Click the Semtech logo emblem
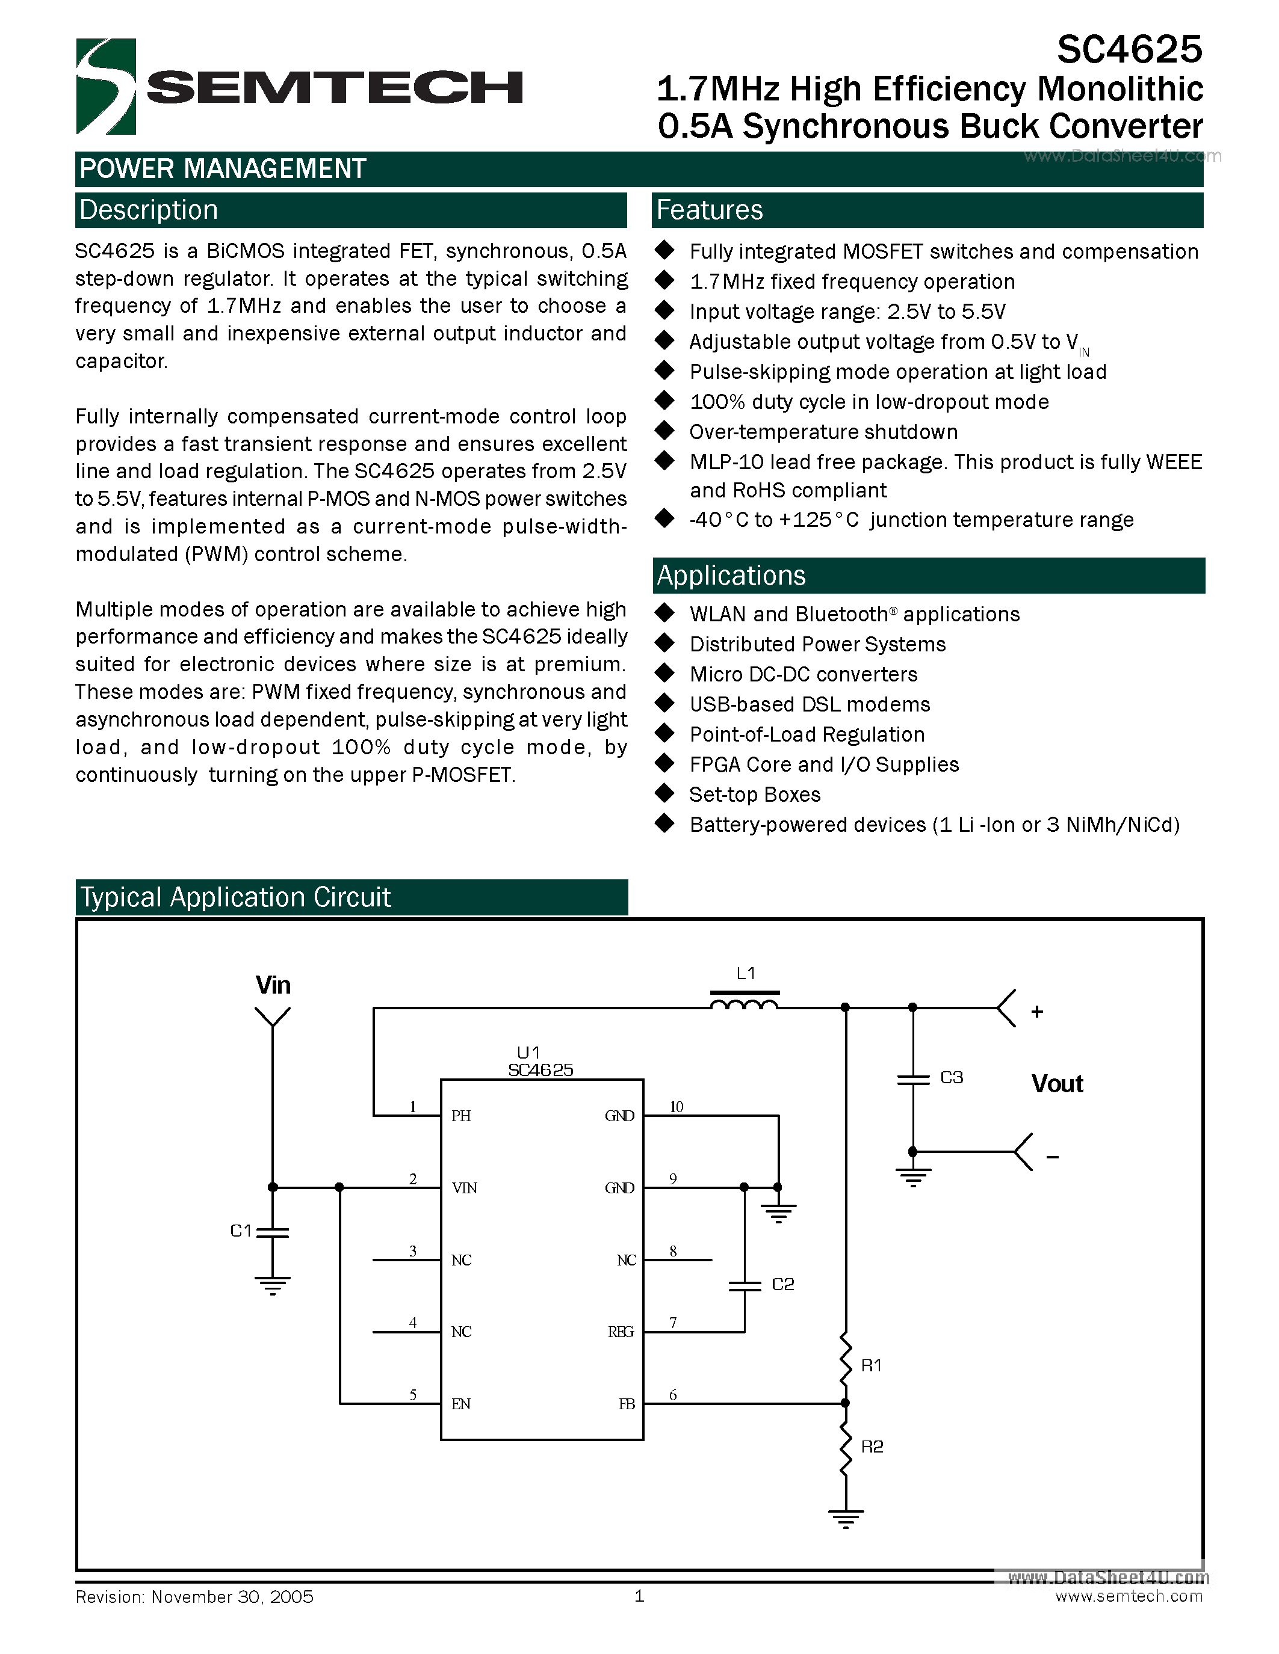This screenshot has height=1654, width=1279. (x=105, y=87)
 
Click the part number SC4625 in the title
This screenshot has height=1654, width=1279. (x=1129, y=50)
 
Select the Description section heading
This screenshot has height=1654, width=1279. (x=149, y=210)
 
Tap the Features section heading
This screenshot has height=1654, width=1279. (x=709, y=210)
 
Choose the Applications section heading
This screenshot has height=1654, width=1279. (x=731, y=576)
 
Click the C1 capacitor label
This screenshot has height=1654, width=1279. (x=240, y=1231)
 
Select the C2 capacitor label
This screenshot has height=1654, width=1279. (x=782, y=1284)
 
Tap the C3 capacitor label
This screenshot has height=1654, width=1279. (x=951, y=1077)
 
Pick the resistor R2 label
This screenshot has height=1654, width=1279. (x=872, y=1446)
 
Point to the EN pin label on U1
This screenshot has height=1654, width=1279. (x=460, y=1403)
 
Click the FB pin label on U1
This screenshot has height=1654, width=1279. (x=627, y=1403)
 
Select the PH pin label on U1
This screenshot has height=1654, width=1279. (x=460, y=1116)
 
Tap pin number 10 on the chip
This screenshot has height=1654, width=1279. (x=676, y=1107)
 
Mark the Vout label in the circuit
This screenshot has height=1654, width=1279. (x=1057, y=1084)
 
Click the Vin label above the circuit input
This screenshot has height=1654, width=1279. (x=273, y=985)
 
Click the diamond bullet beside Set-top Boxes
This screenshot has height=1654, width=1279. (x=664, y=794)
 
